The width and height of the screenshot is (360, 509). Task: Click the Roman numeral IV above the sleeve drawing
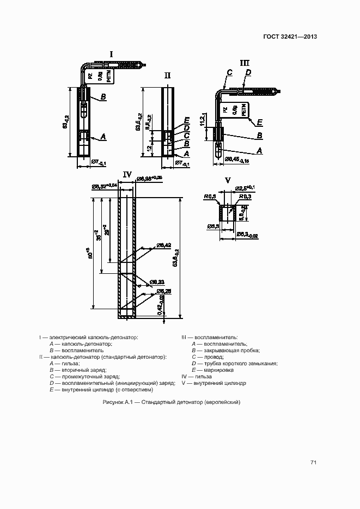pos(127,174)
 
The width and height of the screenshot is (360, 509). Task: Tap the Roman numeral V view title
pos(228,180)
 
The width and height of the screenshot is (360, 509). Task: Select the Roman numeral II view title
pos(168,76)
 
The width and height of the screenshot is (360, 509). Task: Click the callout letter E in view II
pos(187,120)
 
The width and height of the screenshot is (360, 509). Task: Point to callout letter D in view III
pos(248,72)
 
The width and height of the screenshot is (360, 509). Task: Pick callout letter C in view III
pos(229,72)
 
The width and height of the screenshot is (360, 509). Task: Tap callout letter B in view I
pos(102,97)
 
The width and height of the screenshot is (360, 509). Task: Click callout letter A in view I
pos(103,136)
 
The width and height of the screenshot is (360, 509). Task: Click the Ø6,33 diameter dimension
pos(158,281)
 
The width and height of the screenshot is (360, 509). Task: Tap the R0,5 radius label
pos(210,196)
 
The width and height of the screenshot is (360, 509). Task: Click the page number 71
pos(313,463)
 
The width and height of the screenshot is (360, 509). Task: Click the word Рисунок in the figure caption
pos(112,402)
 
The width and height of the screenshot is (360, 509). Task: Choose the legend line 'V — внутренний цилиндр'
pos(213,383)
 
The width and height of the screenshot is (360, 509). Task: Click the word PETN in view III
pos(243,111)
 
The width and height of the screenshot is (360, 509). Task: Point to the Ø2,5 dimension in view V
pos(243,188)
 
